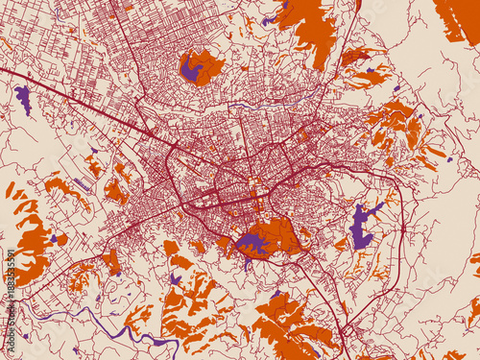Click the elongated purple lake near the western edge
tap(23, 98)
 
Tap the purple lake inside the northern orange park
tap(191, 69)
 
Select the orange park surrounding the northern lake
tap(209, 65)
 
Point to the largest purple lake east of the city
tap(361, 226)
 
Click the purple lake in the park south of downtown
tap(253, 242)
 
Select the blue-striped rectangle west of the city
tap(84, 182)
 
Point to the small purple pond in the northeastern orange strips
tap(370, 70)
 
